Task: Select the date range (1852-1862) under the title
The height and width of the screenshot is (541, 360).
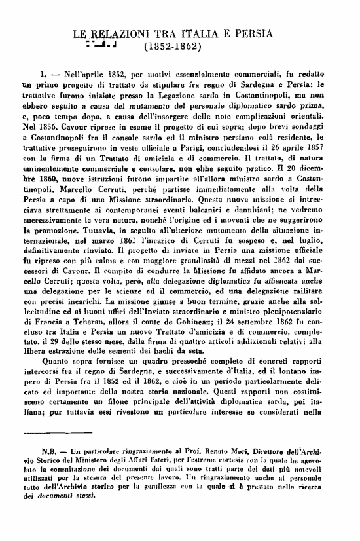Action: pos(172,48)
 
